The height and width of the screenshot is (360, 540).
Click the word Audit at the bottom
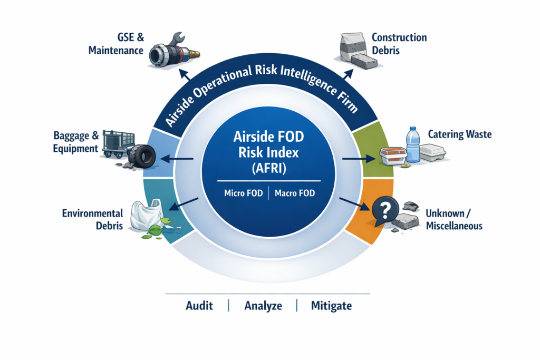pos(199,306)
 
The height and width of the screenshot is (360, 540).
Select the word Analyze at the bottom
pos(263,306)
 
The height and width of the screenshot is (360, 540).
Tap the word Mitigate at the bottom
pos(331,306)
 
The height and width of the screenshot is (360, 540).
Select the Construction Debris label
pos(399,44)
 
